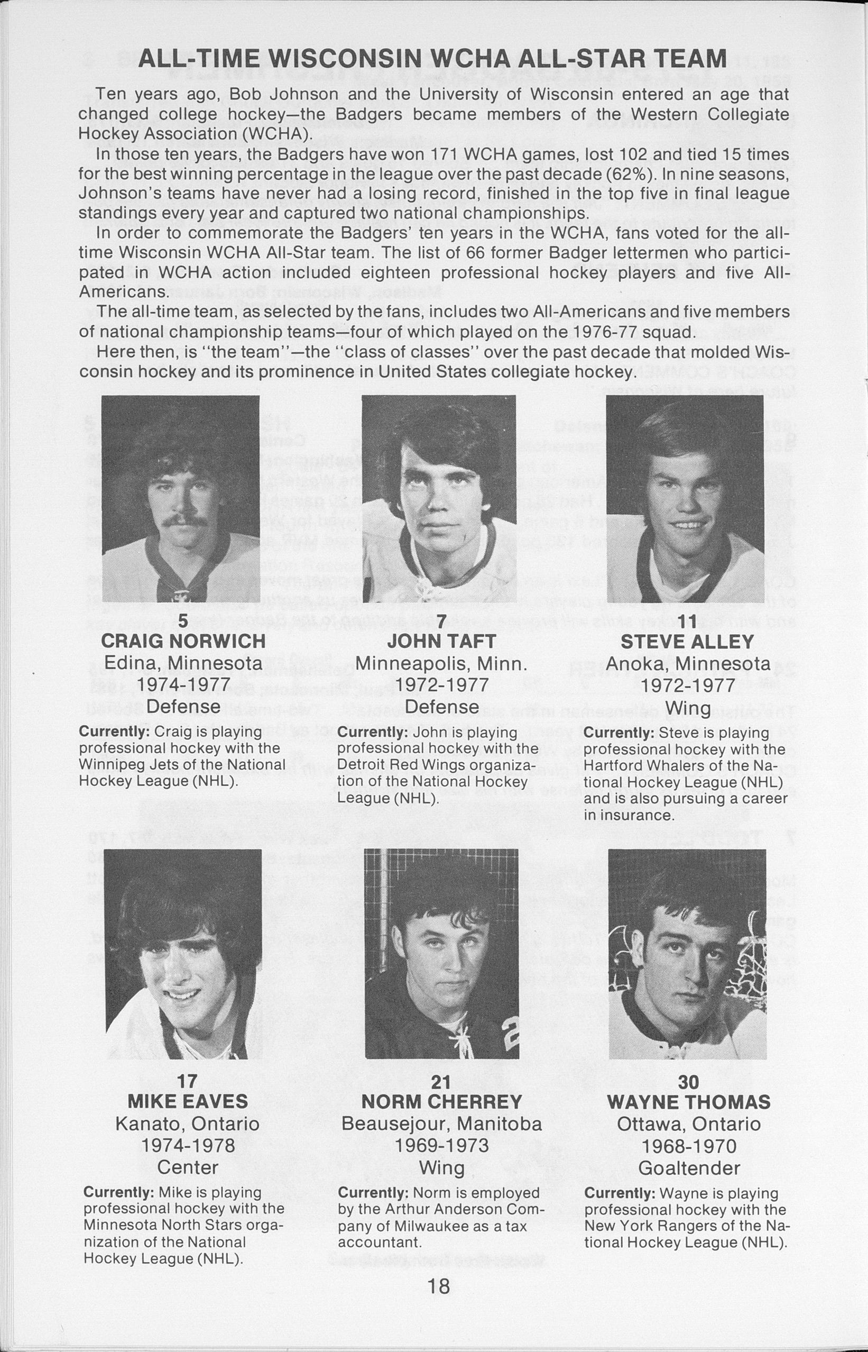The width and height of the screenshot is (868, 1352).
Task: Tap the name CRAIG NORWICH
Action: [x=183, y=642]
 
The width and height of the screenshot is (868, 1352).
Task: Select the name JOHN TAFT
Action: [x=441, y=642]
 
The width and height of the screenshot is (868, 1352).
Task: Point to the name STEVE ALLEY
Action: [x=687, y=642]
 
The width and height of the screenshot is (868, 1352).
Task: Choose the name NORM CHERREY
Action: [x=442, y=1102]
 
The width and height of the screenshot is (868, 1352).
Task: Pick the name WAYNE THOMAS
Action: [x=689, y=1102]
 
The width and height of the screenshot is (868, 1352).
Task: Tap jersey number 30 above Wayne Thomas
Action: [x=689, y=1081]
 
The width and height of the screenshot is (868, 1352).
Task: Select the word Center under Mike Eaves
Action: [x=188, y=1167]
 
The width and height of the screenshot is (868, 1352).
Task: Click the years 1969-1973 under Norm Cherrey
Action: [x=442, y=1146]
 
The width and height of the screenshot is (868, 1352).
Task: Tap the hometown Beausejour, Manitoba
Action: [x=442, y=1123]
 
